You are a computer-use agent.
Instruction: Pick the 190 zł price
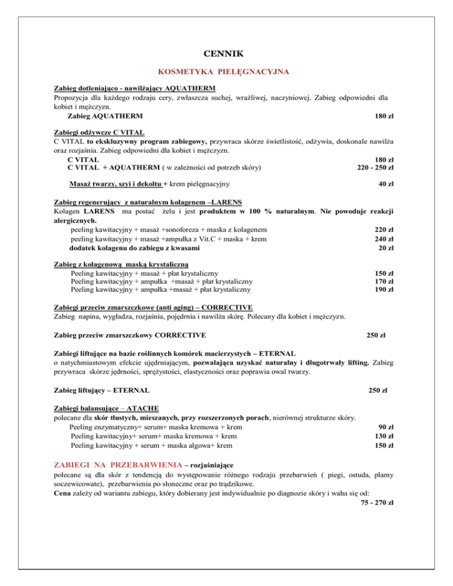click(x=384, y=289)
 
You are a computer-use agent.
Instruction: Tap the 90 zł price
click(x=386, y=427)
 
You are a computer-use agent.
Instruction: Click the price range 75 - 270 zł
click(x=376, y=502)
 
